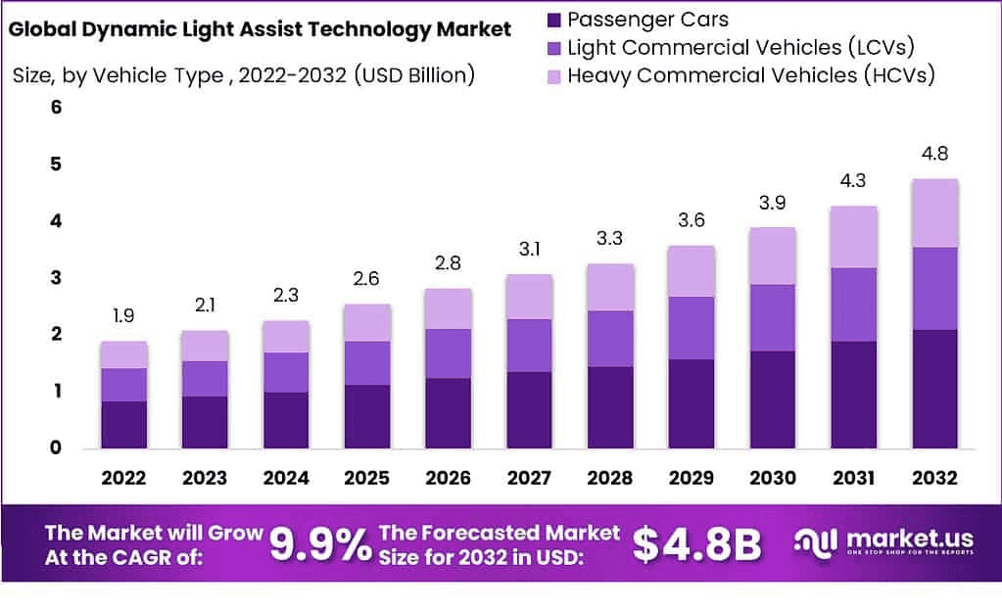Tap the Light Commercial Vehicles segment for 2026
pyautogui.click(x=447, y=353)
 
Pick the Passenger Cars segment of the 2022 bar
pyautogui.click(x=123, y=424)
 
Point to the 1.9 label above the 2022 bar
pyautogui.click(x=123, y=316)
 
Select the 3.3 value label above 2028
pyautogui.click(x=608, y=238)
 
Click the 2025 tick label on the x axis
pyautogui.click(x=366, y=478)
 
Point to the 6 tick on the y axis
pyautogui.click(x=56, y=108)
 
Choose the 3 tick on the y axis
pyautogui.click(x=56, y=278)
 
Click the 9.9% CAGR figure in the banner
pyautogui.click(x=319, y=544)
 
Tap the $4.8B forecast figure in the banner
pyautogui.click(x=697, y=544)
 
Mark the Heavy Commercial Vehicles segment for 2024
pyautogui.click(x=285, y=337)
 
